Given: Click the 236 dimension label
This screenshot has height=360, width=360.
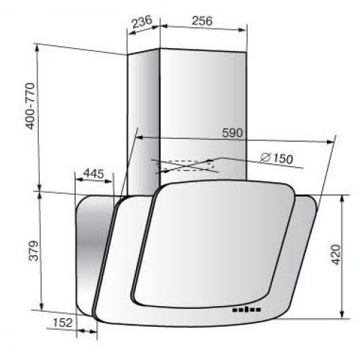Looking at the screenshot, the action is [x=143, y=22].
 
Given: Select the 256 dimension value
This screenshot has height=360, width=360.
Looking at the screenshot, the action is [x=202, y=21].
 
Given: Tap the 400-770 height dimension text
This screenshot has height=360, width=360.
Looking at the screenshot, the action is [x=30, y=106].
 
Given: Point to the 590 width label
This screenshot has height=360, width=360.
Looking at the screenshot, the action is [x=233, y=132].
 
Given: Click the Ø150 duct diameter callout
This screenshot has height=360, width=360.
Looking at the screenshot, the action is [x=276, y=158].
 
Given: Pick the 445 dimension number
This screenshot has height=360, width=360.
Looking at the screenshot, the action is [x=94, y=174].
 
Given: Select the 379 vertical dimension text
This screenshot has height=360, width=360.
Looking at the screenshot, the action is [x=33, y=251].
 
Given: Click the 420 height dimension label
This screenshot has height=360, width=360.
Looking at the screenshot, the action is [x=336, y=254].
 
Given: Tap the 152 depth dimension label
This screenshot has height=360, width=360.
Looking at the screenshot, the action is [x=63, y=323].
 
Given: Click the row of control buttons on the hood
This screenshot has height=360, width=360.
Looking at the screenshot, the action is [x=246, y=310].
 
